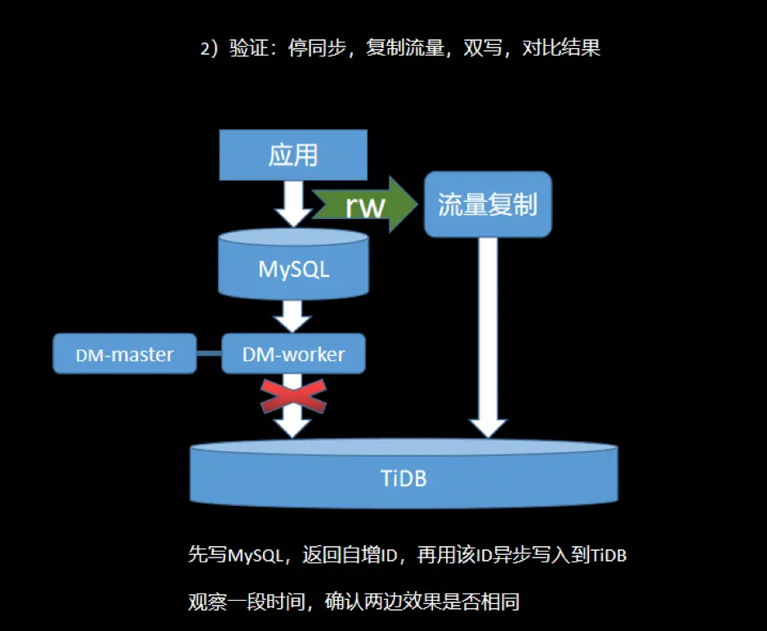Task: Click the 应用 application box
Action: (x=293, y=155)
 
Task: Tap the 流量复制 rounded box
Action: (x=488, y=204)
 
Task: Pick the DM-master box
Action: (x=125, y=354)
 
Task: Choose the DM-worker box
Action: (x=293, y=354)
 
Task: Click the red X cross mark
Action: (x=293, y=396)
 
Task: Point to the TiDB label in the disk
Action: (x=404, y=478)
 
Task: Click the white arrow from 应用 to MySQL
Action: (x=293, y=203)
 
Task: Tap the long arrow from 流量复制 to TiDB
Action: (x=488, y=335)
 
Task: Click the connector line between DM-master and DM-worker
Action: (x=209, y=354)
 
